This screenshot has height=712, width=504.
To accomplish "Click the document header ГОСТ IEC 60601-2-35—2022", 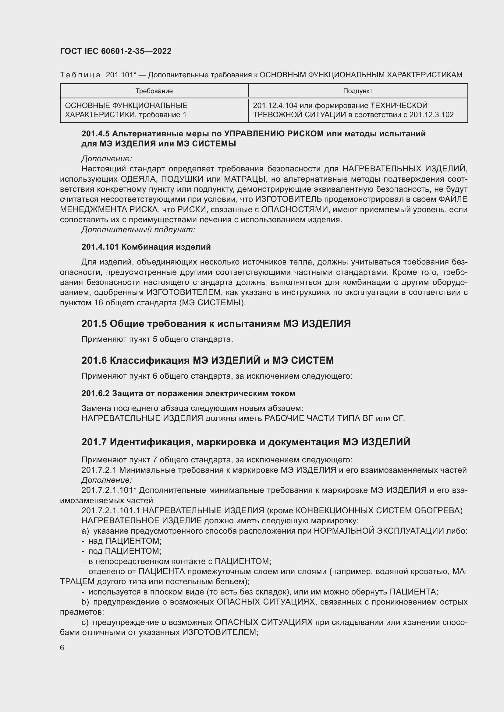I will (115, 51).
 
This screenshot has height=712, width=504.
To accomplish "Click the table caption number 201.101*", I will (121, 75).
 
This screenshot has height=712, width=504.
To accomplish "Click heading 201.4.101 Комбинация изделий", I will (146, 247).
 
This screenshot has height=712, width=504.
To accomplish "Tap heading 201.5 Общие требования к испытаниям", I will (216, 324).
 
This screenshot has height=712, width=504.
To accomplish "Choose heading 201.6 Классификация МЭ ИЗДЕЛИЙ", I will (207, 360).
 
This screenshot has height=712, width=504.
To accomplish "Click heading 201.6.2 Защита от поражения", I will (188, 394).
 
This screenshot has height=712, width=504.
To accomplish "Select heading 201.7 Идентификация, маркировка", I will (246, 442).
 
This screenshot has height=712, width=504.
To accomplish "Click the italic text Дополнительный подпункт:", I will (138, 230).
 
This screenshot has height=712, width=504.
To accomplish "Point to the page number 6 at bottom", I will (62, 648).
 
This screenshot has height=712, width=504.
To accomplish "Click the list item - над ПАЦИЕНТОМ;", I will (122, 541).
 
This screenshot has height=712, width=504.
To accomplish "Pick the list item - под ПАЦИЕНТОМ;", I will (121, 551).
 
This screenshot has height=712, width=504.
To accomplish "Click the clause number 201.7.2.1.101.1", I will (111, 510).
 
